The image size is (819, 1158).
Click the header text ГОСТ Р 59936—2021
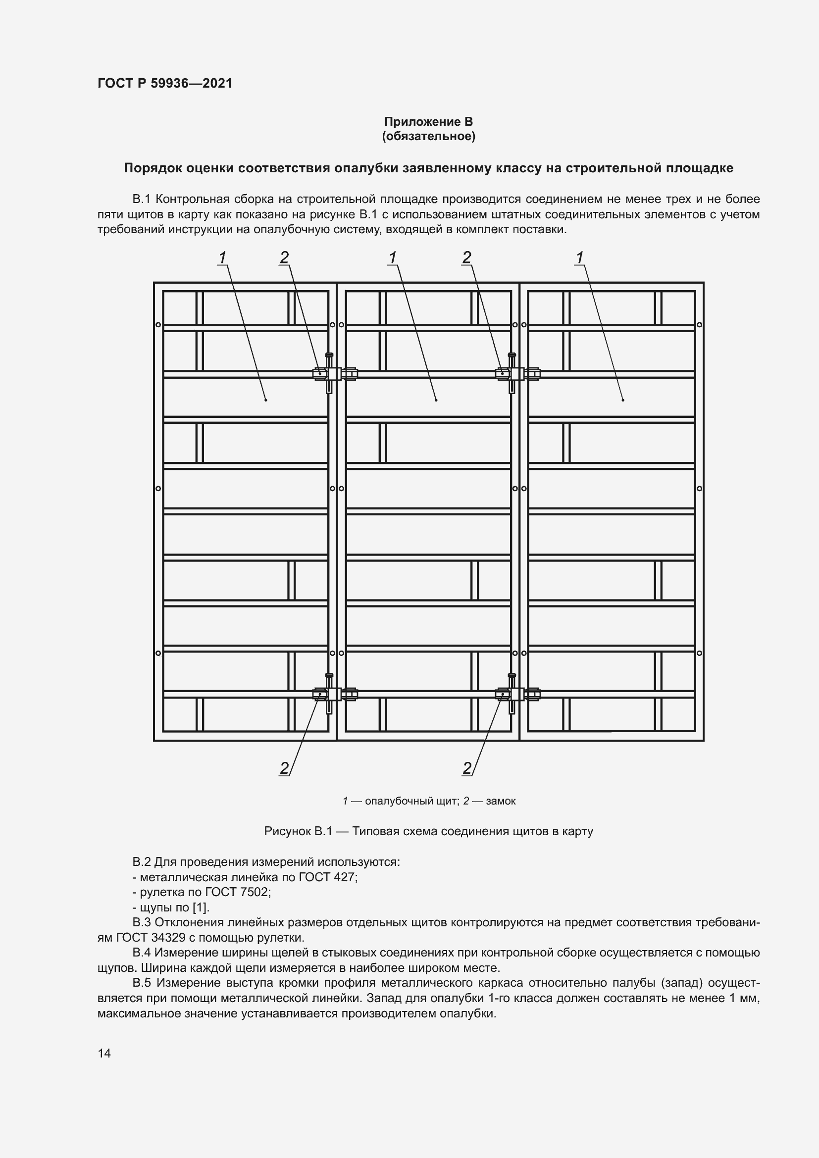(x=165, y=83)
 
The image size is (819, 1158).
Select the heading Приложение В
(x=428, y=122)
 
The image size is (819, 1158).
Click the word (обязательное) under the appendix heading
(x=428, y=136)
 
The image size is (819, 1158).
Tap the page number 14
(x=104, y=1053)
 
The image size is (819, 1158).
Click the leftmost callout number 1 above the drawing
(x=222, y=258)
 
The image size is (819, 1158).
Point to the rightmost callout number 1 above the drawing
(x=579, y=258)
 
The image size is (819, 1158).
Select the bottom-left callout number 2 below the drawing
(x=284, y=768)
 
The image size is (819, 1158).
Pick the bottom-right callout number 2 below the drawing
(x=467, y=768)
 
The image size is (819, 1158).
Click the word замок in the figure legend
(x=500, y=801)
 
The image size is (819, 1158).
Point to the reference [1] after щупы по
(x=201, y=907)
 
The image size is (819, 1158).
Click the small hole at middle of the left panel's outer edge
(x=158, y=488)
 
